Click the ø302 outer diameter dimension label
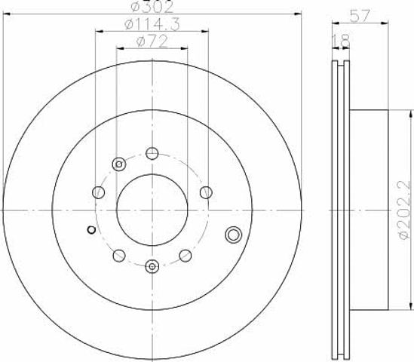(152, 7)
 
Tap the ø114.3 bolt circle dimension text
(152, 25)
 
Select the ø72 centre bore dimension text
(152, 42)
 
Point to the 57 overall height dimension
(360, 16)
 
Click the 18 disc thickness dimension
(341, 41)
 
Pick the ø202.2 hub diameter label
(406, 210)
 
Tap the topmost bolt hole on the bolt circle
(152, 153)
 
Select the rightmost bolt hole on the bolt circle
(206, 192)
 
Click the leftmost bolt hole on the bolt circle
(99, 192)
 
